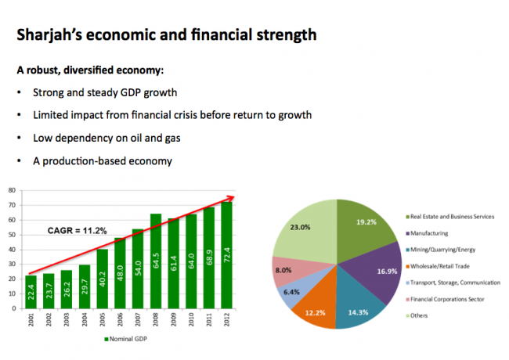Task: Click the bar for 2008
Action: click(156, 261)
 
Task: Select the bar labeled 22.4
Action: click(31, 292)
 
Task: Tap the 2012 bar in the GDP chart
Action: click(226, 255)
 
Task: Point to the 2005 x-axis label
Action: click(103, 319)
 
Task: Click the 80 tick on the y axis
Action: click(12, 190)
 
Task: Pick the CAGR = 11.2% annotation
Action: click(78, 231)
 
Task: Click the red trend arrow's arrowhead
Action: click(231, 198)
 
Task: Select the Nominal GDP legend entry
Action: click(125, 339)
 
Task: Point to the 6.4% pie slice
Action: click(294, 290)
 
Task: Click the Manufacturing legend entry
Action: click(427, 233)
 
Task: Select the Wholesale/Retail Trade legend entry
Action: click(438, 266)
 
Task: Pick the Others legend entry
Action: click(417, 315)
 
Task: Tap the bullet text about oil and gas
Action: click(106, 139)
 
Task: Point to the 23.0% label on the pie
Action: click(300, 228)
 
